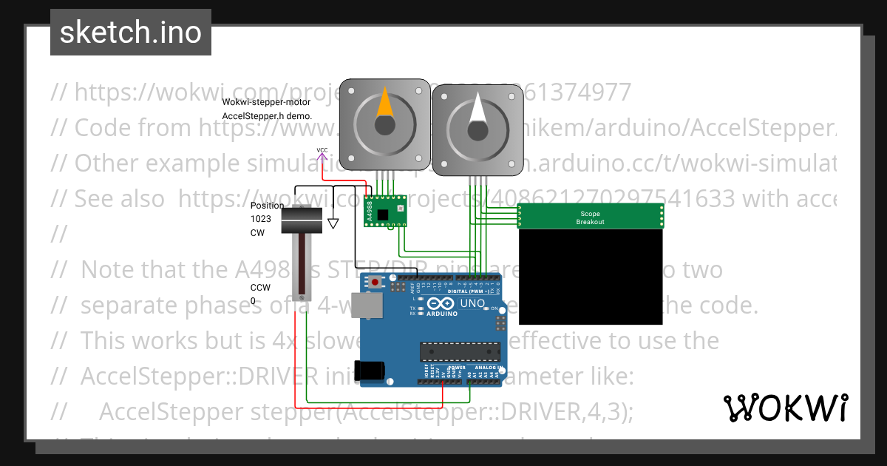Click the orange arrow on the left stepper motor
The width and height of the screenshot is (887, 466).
[384, 104]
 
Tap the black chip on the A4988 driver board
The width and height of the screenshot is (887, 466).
[383, 215]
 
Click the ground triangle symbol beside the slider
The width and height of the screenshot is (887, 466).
[333, 221]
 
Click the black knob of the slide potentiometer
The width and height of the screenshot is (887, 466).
[302, 218]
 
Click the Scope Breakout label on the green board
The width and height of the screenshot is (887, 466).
[591, 218]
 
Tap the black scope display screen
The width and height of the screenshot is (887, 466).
[590, 277]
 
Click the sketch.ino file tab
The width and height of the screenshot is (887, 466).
[131, 33]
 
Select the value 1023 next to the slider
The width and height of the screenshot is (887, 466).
[260, 219]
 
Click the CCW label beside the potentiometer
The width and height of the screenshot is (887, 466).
[259, 288]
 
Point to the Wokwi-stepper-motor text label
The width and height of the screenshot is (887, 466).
[266, 102]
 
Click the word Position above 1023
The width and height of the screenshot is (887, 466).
[267, 206]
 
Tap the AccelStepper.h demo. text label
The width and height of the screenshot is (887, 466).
[267, 116]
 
